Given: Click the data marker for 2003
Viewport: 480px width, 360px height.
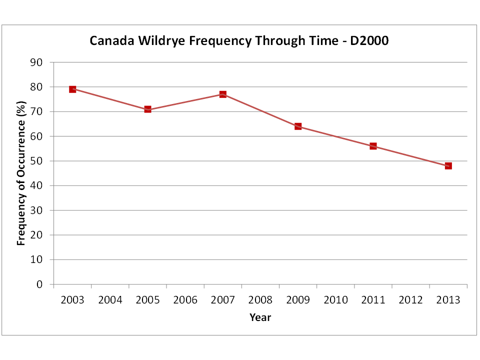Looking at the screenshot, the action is tap(72, 89).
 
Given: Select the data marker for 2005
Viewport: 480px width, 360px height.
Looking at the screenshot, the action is tap(148, 109).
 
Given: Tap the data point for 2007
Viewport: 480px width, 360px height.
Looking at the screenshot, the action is tap(223, 94).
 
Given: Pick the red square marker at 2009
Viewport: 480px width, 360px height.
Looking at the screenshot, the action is tap(298, 126).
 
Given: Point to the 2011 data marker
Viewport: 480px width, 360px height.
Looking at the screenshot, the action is tap(373, 146).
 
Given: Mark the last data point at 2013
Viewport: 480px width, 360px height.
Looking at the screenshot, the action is tap(448, 166).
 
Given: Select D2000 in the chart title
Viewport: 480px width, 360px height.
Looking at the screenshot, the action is tap(369, 40).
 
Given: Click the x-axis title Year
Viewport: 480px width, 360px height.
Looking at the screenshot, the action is tap(260, 317).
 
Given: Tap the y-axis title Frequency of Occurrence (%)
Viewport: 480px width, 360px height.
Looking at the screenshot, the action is tap(21, 173).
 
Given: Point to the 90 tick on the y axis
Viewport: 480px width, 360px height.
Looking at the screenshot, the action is tap(36, 62).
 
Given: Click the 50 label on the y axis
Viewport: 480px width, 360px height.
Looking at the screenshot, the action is tap(36, 161).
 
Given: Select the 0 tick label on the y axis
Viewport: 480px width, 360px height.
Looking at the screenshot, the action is tap(39, 284).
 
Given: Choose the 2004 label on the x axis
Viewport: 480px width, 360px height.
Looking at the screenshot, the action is tap(110, 300).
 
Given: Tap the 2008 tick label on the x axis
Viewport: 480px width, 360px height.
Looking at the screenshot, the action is tap(260, 300).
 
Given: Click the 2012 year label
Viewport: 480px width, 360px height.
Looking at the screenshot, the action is tap(411, 300).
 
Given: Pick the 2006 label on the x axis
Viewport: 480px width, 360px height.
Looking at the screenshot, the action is tap(185, 300).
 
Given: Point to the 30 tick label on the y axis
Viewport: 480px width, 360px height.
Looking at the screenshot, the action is tap(36, 210).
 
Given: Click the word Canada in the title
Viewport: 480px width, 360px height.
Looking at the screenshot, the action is tap(111, 40).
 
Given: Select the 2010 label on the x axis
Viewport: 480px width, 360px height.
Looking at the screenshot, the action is tap(336, 300).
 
